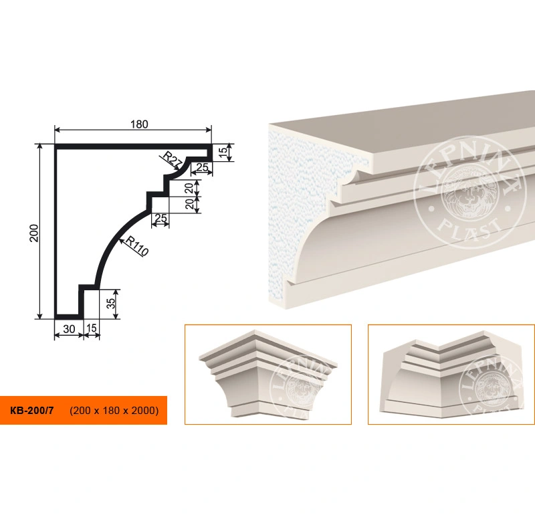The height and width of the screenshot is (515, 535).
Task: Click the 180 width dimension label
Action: [139, 124]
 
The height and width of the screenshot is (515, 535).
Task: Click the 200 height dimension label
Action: [34, 233]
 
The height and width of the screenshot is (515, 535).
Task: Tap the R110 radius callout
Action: [137, 245]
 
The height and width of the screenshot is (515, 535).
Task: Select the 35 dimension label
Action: [111, 304]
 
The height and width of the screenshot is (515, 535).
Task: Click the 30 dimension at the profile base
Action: [69, 329]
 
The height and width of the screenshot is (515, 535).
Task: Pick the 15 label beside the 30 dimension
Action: [92, 328]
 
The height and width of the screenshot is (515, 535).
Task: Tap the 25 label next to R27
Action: [202, 167]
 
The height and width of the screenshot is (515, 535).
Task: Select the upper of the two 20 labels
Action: [189, 187]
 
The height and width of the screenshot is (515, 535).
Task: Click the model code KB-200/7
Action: [31, 410]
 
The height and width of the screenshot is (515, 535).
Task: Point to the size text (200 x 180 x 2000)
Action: [114, 410]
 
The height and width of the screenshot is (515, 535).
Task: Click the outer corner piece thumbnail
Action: [268, 375]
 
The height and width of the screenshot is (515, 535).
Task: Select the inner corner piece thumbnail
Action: [451, 375]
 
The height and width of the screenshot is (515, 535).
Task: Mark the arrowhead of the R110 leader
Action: [121, 240]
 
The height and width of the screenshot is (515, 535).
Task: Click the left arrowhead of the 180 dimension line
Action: [58, 130]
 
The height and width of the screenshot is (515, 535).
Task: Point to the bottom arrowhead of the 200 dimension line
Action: [40, 316]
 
